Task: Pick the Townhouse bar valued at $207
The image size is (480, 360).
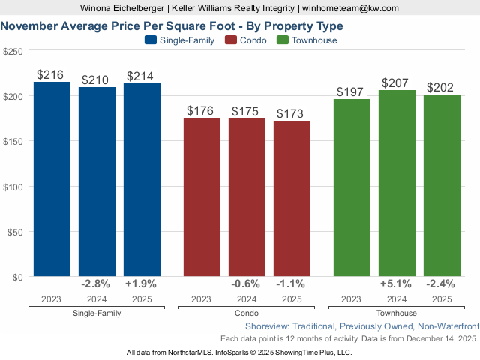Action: [x=397, y=183]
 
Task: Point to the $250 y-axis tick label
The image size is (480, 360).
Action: [x=13, y=51]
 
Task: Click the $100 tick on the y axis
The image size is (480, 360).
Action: [x=13, y=186]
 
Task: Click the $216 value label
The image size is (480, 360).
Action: [x=52, y=75]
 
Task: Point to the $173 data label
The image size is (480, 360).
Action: [x=292, y=114]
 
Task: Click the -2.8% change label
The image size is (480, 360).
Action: [x=97, y=284]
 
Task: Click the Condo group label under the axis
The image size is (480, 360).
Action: [x=247, y=313]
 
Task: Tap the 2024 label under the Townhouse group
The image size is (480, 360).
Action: [x=397, y=298]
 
